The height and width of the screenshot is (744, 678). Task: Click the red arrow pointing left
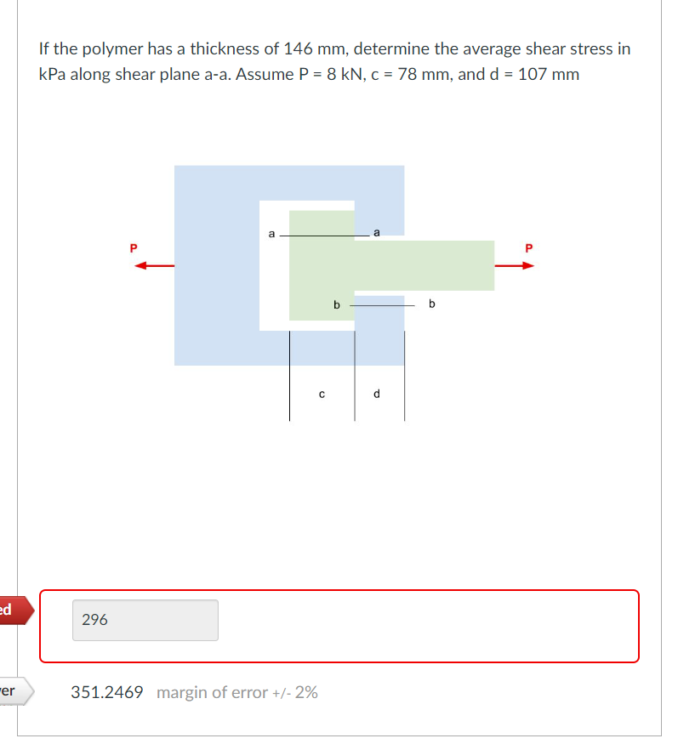[153, 265]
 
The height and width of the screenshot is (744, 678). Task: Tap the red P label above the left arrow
[132, 248]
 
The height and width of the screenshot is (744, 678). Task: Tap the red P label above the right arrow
[529, 248]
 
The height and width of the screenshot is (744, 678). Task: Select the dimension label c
[322, 393]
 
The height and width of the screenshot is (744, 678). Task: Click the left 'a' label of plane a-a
[271, 231]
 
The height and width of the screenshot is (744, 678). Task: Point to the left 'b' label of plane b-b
[336, 304]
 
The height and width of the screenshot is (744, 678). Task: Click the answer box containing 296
[145, 621]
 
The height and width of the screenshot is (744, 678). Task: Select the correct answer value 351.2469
[107, 692]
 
